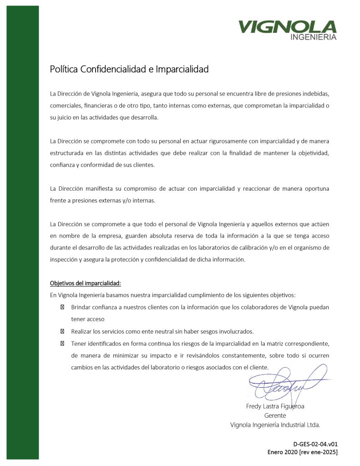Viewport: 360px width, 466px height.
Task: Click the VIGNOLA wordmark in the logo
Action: coord(287,27)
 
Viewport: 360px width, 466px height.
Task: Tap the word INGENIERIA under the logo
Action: coord(313,37)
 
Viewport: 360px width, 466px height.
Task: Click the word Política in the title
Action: coord(64,70)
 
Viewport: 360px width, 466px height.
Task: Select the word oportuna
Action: coord(316,188)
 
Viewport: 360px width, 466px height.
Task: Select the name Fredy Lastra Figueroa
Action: coord(275,406)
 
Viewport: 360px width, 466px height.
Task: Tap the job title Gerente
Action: coord(275,415)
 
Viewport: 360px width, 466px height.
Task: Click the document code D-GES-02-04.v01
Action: coord(315,444)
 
